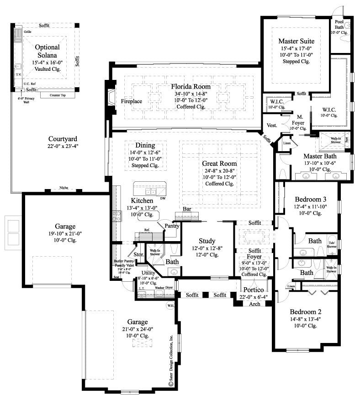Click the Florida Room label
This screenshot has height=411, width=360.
[x=191, y=86]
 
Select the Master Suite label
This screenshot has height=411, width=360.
[x=296, y=42]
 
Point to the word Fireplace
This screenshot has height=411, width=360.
[x=132, y=101]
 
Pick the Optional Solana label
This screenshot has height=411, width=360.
[x=48, y=51]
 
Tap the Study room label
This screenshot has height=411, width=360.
[x=207, y=241]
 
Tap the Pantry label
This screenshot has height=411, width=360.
[x=171, y=226]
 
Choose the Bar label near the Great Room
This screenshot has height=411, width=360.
[x=186, y=209]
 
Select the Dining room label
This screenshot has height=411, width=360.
[x=145, y=145]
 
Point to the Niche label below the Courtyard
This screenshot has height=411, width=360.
[x=63, y=188]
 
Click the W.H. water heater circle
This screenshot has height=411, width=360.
[x=170, y=306]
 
